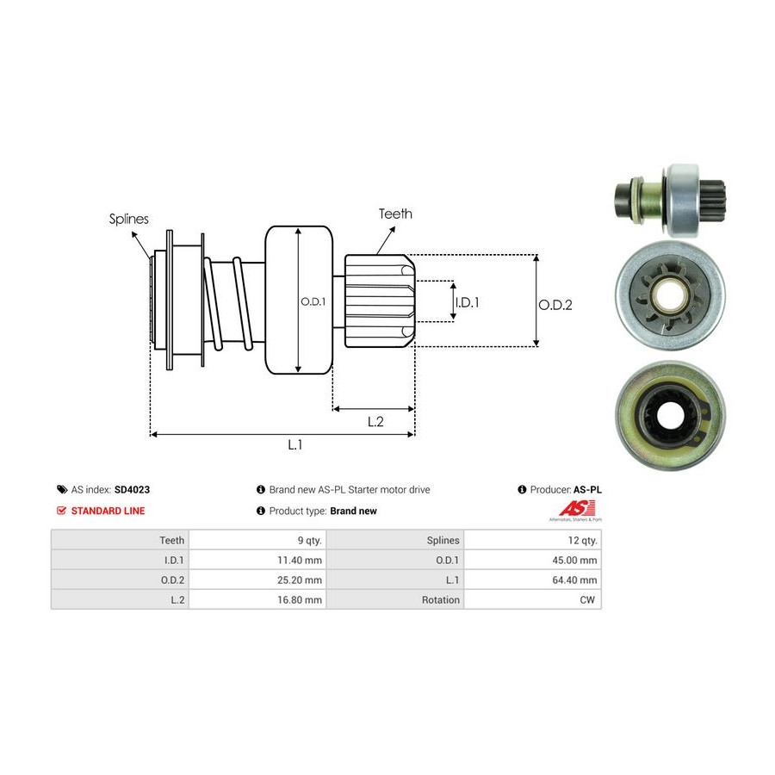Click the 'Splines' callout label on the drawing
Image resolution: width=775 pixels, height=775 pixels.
pyautogui.click(x=128, y=219)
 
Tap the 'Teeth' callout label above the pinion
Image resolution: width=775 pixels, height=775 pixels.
pyautogui.click(x=395, y=214)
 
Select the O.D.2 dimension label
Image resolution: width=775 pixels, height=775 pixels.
pyautogui.click(x=555, y=304)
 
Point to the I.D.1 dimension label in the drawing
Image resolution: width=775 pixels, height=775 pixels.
pyautogui.click(x=467, y=302)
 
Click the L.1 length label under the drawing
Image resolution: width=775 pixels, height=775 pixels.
pyautogui.click(x=294, y=444)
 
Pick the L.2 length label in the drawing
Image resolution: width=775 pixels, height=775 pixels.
pyautogui.click(x=375, y=421)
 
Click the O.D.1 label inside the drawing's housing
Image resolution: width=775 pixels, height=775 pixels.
pyautogui.click(x=311, y=301)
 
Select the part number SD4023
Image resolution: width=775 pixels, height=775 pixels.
pyautogui.click(x=132, y=489)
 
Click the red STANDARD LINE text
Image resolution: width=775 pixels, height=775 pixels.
pyautogui.click(x=108, y=511)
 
